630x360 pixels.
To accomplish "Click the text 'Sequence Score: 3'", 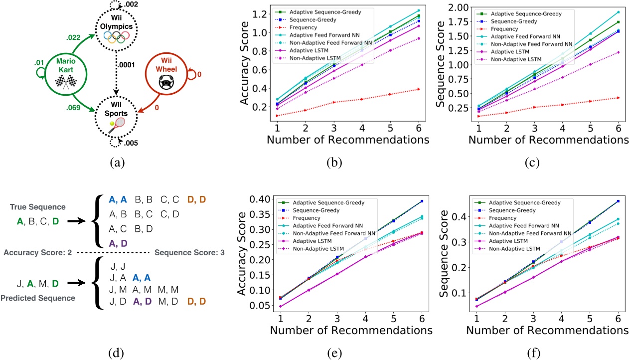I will [x=190, y=252].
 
